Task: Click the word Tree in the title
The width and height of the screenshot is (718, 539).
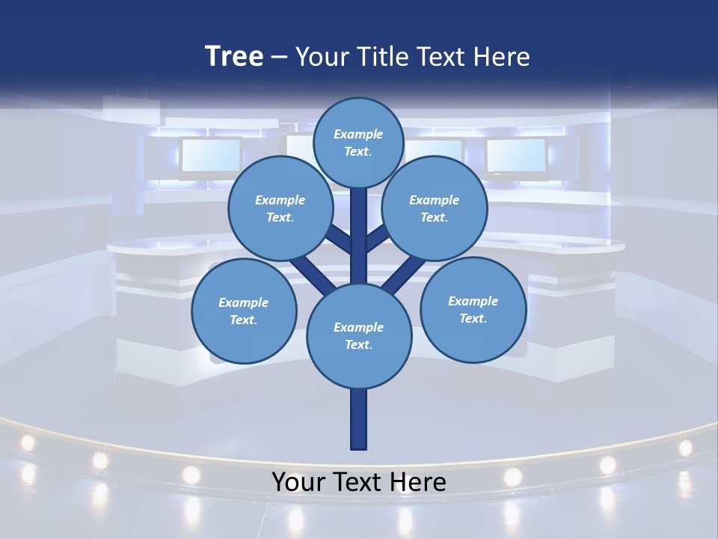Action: pos(234,56)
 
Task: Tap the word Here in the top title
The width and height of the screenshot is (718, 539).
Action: pos(501,57)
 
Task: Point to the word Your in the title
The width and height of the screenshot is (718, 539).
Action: pos(320,57)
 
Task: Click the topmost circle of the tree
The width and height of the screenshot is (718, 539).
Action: pos(358,142)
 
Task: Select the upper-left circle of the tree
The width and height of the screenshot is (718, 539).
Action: pos(280,208)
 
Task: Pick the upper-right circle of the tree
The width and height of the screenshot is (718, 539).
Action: pos(435,208)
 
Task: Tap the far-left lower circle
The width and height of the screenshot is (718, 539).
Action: pos(244,311)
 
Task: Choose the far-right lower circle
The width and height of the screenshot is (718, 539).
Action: pos(473,309)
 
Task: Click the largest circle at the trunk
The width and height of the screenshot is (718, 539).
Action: pos(359,335)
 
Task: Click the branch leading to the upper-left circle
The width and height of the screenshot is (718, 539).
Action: pos(339,240)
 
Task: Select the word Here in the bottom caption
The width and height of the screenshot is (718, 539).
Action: pos(419,482)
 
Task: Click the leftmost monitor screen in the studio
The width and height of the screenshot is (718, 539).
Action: pos(210,154)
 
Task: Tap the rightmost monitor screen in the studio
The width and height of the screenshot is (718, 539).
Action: pos(516,155)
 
